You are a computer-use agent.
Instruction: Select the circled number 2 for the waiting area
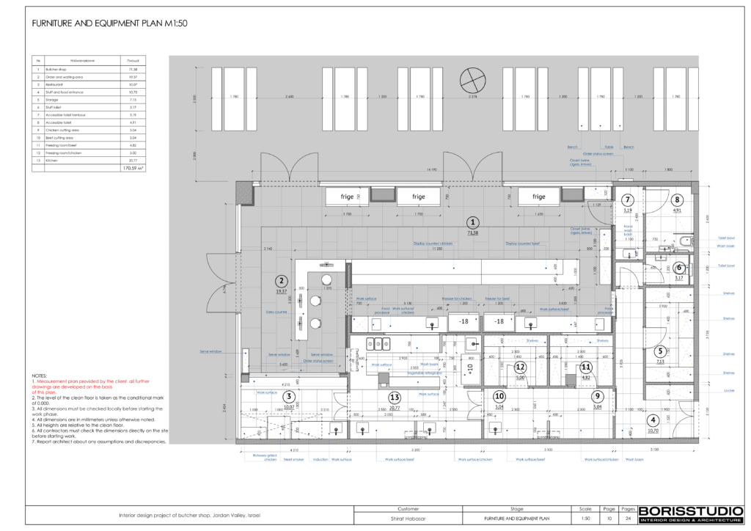pos(281,279)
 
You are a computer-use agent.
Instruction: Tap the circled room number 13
pos(395,397)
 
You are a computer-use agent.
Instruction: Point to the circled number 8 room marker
pos(678,199)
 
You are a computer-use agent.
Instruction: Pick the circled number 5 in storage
pos(660,351)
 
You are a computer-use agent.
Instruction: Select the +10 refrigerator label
pos(470,367)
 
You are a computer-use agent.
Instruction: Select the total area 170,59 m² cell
pos(133,168)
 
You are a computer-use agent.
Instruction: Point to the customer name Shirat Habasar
pos(408,519)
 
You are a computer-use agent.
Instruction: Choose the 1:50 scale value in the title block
pos(585,519)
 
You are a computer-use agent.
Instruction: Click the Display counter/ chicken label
pos(433,243)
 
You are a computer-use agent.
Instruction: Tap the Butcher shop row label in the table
pos(56,68)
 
